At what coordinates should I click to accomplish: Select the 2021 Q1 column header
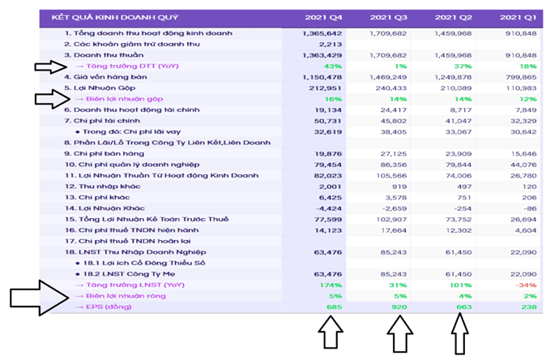[511, 17]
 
